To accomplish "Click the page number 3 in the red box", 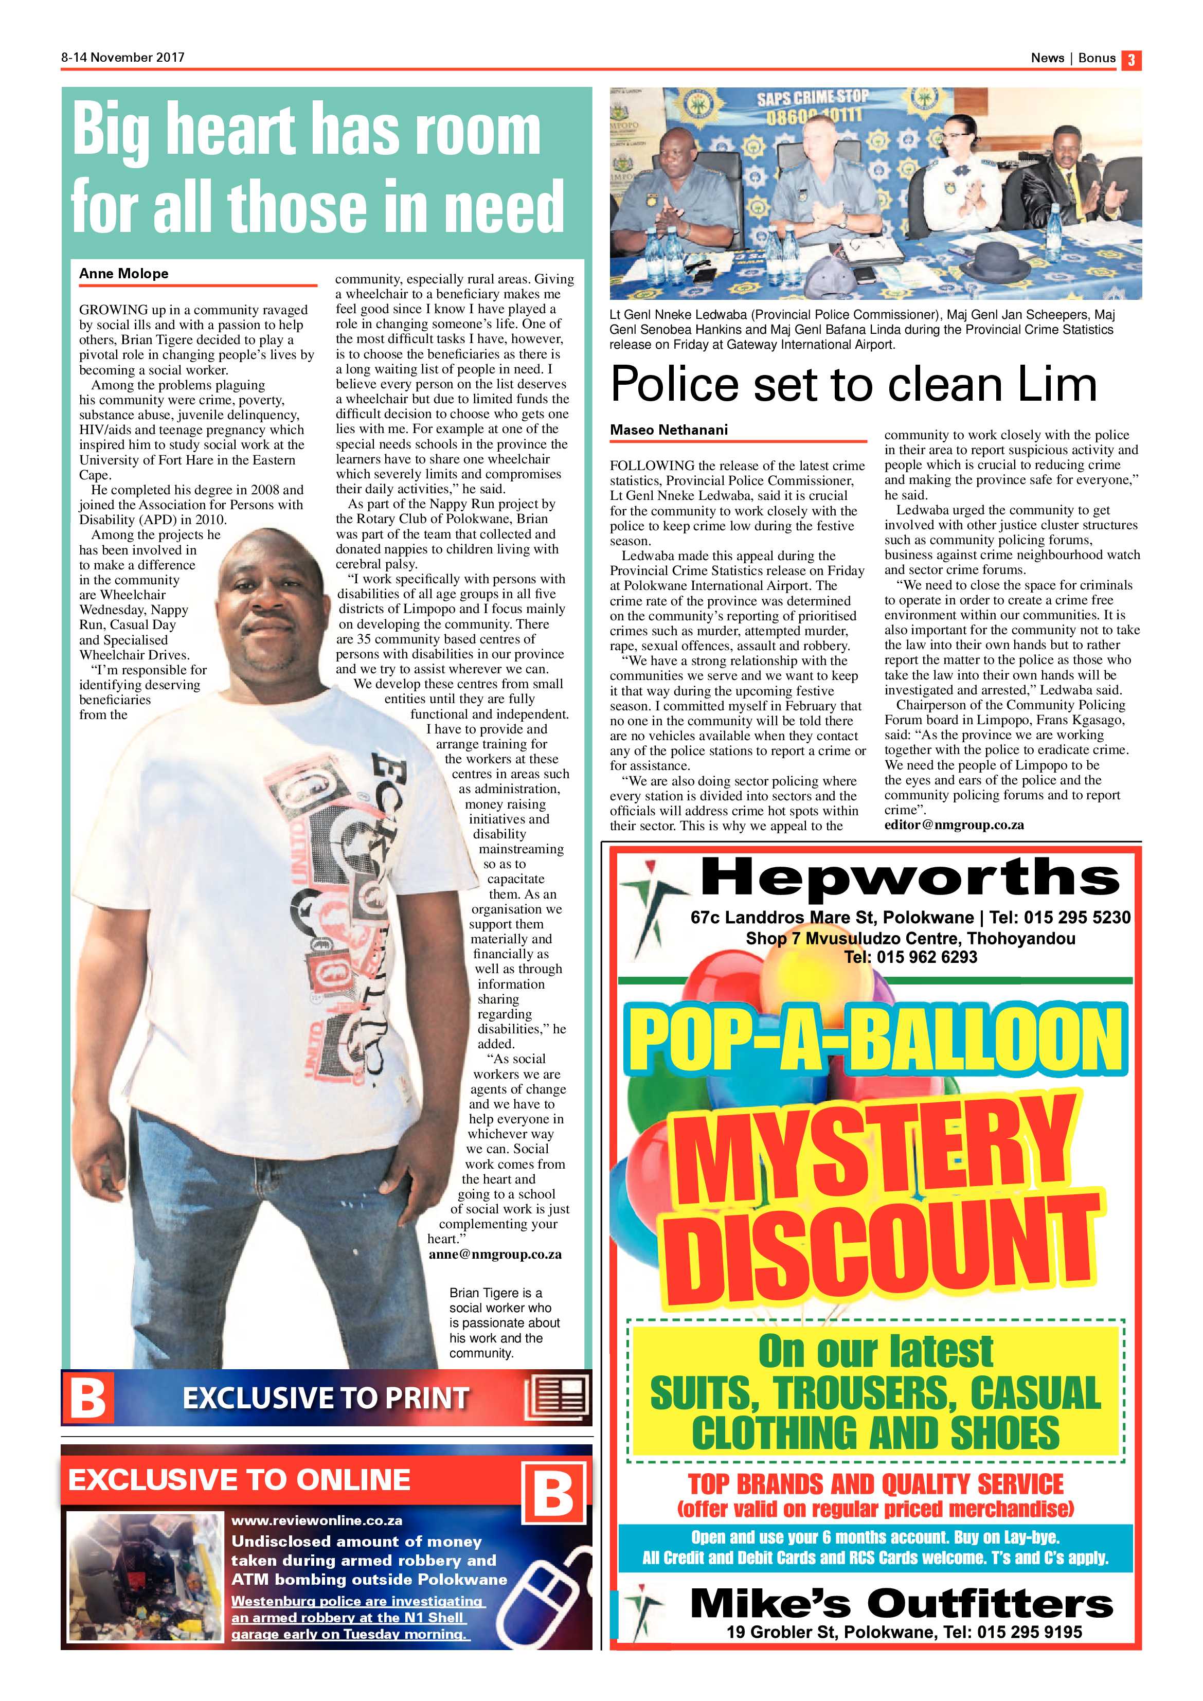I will pyautogui.click(x=1131, y=59).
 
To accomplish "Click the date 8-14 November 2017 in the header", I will pyautogui.click(x=123, y=57).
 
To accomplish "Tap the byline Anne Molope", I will pyautogui.click(x=124, y=273).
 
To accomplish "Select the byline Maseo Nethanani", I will pyautogui.click(x=669, y=429).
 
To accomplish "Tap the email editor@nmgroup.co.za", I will pyautogui.click(x=954, y=825).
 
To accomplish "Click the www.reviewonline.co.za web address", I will pyautogui.click(x=316, y=1520).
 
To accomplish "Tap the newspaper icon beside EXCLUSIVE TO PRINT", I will pyautogui.click(x=556, y=1397).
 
